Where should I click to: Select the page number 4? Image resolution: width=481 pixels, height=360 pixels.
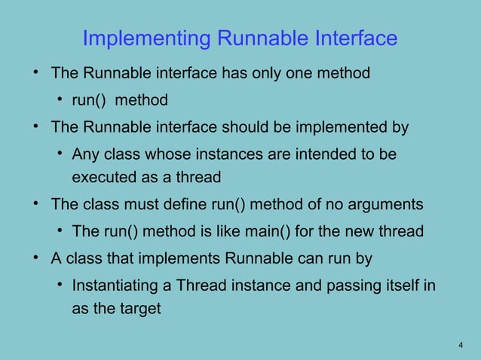pos(460,345)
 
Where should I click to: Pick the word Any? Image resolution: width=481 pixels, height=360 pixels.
pos(84,154)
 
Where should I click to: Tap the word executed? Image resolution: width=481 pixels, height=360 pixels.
pos(104,178)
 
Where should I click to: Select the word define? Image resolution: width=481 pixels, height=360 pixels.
pos(202,204)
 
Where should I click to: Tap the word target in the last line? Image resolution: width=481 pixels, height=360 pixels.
pos(141,310)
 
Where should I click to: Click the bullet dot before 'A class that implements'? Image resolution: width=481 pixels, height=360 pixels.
pos(35,258)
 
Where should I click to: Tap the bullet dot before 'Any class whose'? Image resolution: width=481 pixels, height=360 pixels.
pos(58,154)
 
